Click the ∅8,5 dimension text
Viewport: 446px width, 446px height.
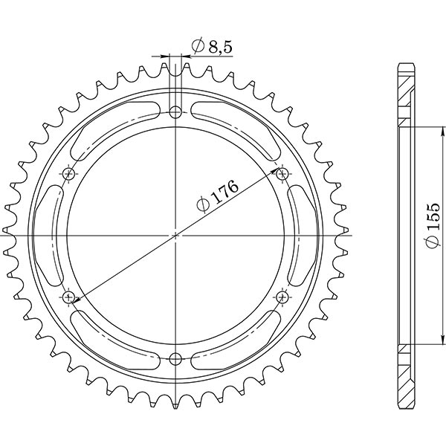click(202, 47)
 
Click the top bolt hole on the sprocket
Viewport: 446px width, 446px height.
click(175, 113)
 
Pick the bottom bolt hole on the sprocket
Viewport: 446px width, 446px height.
click(175, 359)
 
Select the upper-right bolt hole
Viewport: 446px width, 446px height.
click(282, 175)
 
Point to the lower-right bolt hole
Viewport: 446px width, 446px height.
click(282, 297)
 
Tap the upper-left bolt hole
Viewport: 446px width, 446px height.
click(70, 175)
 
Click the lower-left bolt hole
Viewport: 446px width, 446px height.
click(70, 297)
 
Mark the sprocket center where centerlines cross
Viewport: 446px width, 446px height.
click(175, 236)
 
